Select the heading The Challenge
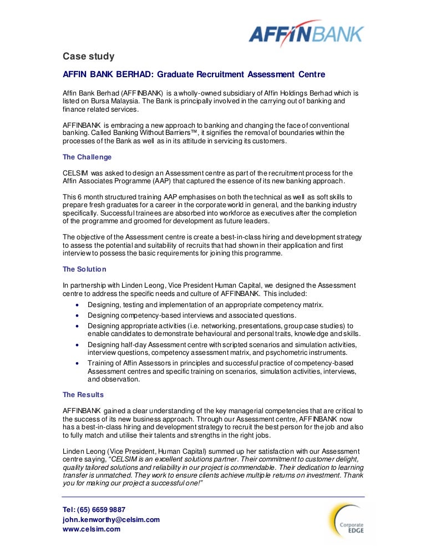(87, 157)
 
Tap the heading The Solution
(84, 269)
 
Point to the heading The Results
(83, 395)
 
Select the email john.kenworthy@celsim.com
(111, 519)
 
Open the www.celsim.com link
(92, 529)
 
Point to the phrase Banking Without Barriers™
(163, 133)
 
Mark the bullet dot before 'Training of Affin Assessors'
(77, 363)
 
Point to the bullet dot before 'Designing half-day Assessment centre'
(77, 344)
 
